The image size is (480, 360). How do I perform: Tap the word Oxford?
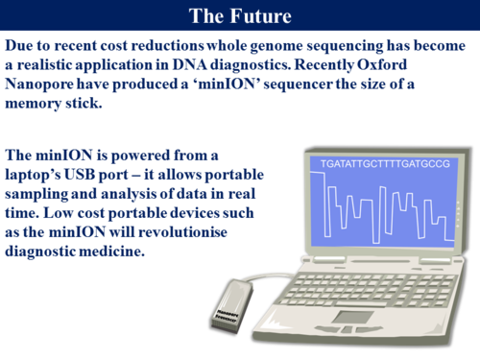[437, 65]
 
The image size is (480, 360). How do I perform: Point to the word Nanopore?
[39, 84]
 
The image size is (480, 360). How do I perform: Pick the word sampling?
[39, 193]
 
